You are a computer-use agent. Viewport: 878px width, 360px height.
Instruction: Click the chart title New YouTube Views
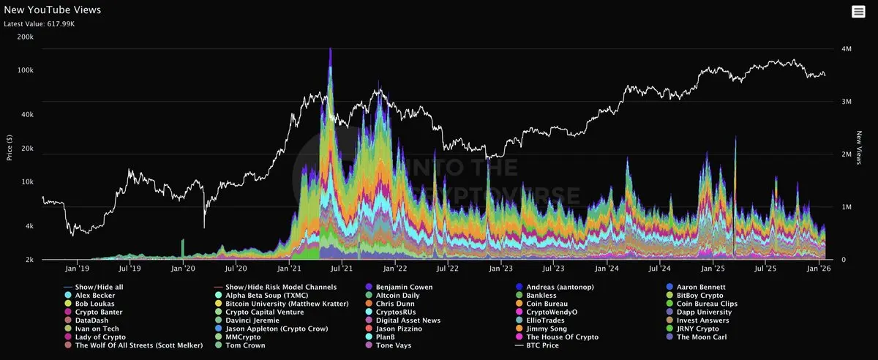[53, 10]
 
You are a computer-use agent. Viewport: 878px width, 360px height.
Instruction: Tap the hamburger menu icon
[858, 11]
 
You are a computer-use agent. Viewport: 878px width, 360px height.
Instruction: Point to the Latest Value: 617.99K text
[40, 24]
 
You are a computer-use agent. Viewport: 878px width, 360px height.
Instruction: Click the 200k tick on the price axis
[25, 37]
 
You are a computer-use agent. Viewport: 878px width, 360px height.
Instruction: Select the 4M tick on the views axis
[847, 49]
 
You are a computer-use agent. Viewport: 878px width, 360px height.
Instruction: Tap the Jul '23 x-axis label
[554, 269]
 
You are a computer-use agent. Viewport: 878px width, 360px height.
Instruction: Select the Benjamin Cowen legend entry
[404, 287]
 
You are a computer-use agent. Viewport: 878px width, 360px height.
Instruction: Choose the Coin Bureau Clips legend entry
[707, 304]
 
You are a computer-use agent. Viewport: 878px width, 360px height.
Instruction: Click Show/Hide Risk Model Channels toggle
[281, 287]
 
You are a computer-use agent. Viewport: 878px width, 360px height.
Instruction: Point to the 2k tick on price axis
[29, 260]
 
